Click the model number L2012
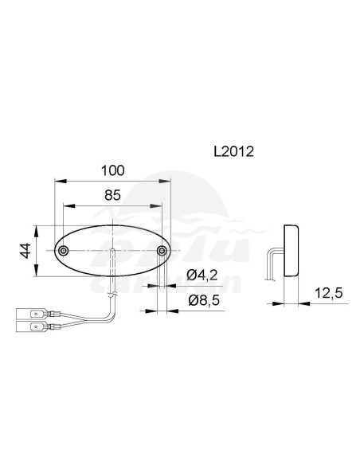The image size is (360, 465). (x=233, y=150)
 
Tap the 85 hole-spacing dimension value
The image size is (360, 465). (x=112, y=193)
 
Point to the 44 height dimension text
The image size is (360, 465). (x=26, y=251)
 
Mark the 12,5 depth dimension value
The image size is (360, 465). (x=327, y=294)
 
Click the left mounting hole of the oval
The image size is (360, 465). (x=63, y=252)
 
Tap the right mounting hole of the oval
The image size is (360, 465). (x=162, y=252)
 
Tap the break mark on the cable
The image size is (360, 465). (x=115, y=295)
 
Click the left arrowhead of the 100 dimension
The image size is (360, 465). (x=55, y=180)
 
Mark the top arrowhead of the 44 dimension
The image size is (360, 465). (x=36, y=230)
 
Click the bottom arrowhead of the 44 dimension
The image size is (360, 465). (x=36, y=273)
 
